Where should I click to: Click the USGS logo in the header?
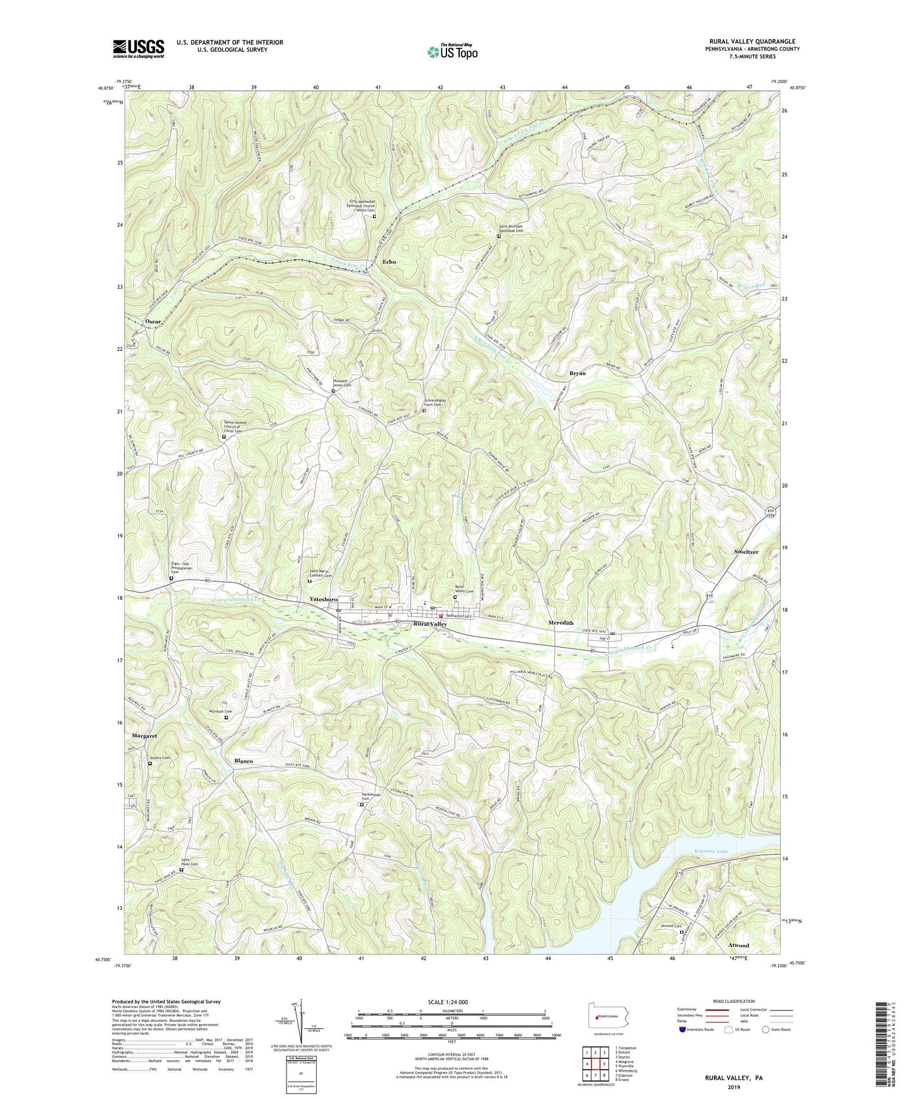coord(139,49)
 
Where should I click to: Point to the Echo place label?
coord(389,261)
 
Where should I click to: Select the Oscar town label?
coord(153,321)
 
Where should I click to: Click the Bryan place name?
coord(577,373)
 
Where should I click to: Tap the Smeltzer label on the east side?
coord(746,552)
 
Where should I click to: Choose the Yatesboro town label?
coord(323,599)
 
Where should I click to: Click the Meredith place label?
coord(560,622)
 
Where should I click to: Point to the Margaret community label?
coord(144,736)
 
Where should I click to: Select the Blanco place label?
coord(244,761)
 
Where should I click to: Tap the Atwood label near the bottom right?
coord(739,946)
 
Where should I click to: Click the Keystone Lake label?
coord(710,852)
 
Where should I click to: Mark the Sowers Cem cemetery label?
coord(159,758)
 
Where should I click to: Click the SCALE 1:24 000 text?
coord(448,1002)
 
